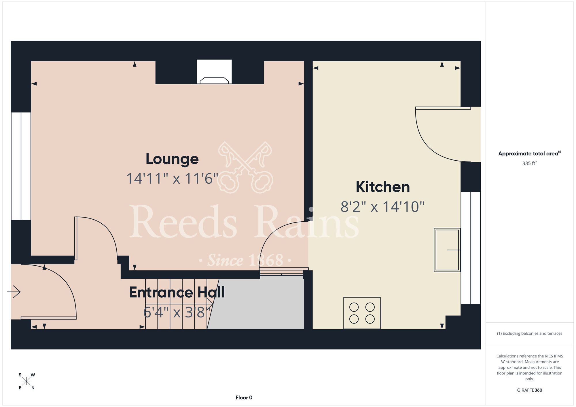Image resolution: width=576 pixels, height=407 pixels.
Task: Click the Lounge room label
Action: tap(172, 159)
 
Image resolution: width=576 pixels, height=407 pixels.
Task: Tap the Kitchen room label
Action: tap(383, 187)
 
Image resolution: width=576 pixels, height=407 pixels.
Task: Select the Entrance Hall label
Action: tap(177, 292)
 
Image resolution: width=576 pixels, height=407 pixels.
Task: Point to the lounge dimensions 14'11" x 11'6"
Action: tap(172, 178)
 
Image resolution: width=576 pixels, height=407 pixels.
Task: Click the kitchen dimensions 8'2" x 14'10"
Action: tap(383, 207)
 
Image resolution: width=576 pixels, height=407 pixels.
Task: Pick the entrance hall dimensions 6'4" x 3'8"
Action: tap(177, 312)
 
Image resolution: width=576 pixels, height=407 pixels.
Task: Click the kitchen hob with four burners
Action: tap(362, 313)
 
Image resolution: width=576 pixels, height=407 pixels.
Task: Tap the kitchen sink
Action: tap(447, 250)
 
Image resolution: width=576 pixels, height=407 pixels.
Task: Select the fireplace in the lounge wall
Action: tap(214, 72)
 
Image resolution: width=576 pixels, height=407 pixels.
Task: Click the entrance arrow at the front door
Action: tap(14, 292)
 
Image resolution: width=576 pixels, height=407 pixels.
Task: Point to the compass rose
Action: tap(26, 381)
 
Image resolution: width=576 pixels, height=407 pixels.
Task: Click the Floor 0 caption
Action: tap(244, 398)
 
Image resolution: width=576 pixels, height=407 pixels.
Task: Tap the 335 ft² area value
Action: tap(530, 163)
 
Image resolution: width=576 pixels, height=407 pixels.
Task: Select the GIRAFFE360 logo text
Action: tap(530, 390)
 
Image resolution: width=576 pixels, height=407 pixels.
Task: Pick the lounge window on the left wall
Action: tap(21, 166)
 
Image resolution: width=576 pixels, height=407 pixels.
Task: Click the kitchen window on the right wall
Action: tap(471, 248)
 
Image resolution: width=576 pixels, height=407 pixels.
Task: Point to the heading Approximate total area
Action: tap(530, 153)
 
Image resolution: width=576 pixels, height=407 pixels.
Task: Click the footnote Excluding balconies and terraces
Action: tap(530, 333)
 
